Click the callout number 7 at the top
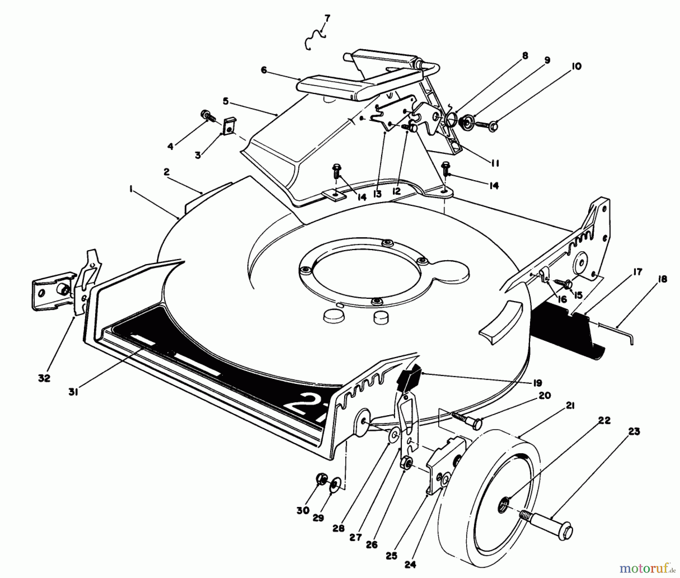point(327,18)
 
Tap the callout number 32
point(44,378)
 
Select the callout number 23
point(634,431)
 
